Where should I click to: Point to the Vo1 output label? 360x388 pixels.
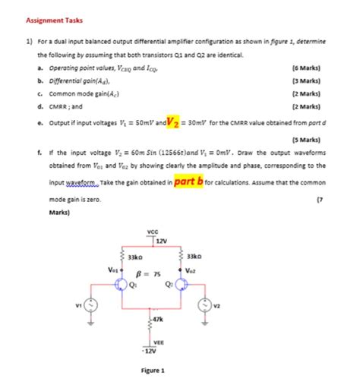112,267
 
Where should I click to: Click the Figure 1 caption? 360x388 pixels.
153,371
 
